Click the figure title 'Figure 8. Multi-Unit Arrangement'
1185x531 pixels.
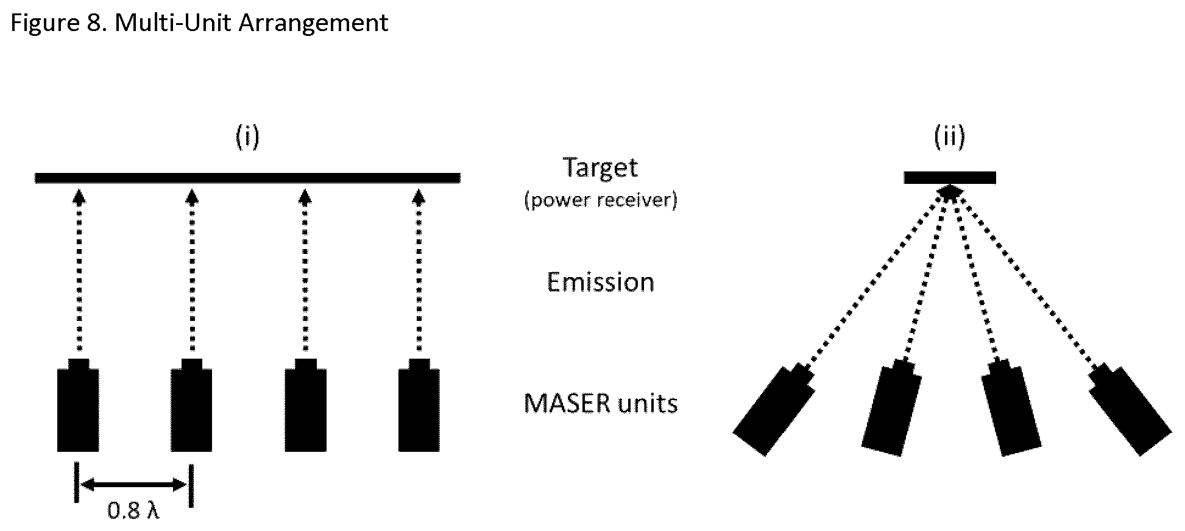coord(199,23)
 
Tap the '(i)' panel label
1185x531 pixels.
coord(247,137)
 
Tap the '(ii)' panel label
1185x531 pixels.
coord(949,137)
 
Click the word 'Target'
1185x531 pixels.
coord(600,167)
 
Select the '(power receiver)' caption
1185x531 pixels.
coord(600,200)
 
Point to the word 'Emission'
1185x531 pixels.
coord(600,282)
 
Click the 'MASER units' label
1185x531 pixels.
coord(600,403)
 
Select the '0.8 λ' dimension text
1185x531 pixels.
coord(133,511)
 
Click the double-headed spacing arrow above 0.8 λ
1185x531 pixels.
coord(134,485)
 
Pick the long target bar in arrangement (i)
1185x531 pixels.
coord(247,178)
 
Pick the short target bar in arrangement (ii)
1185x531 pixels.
coord(949,178)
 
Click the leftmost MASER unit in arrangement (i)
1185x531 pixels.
coord(78,406)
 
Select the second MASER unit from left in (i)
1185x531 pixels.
coord(191,406)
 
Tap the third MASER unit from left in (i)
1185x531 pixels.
coord(305,406)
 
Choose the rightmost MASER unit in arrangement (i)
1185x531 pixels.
coord(419,406)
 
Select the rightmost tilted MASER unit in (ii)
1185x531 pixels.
coord(1130,409)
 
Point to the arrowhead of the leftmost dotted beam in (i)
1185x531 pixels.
coord(78,196)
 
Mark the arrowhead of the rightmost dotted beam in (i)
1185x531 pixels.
coord(419,196)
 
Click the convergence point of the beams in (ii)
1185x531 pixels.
coord(949,192)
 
